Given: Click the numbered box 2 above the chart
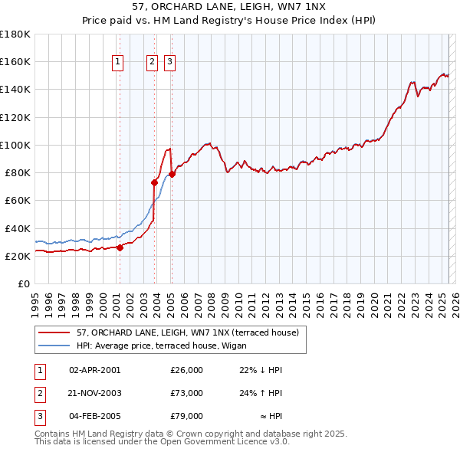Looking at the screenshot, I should coord(152,63).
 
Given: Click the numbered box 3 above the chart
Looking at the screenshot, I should coord(169,63).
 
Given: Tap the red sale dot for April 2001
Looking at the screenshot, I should coord(120,247).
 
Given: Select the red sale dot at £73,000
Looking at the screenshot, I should coord(155,182).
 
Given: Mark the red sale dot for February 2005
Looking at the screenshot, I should coord(172,174).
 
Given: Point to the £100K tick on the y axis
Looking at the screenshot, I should coord(15,145).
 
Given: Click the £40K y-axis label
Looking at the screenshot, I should coord(18,228).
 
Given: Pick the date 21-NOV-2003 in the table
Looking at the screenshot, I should coord(94,393).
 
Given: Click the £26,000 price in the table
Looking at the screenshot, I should coord(186,370).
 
